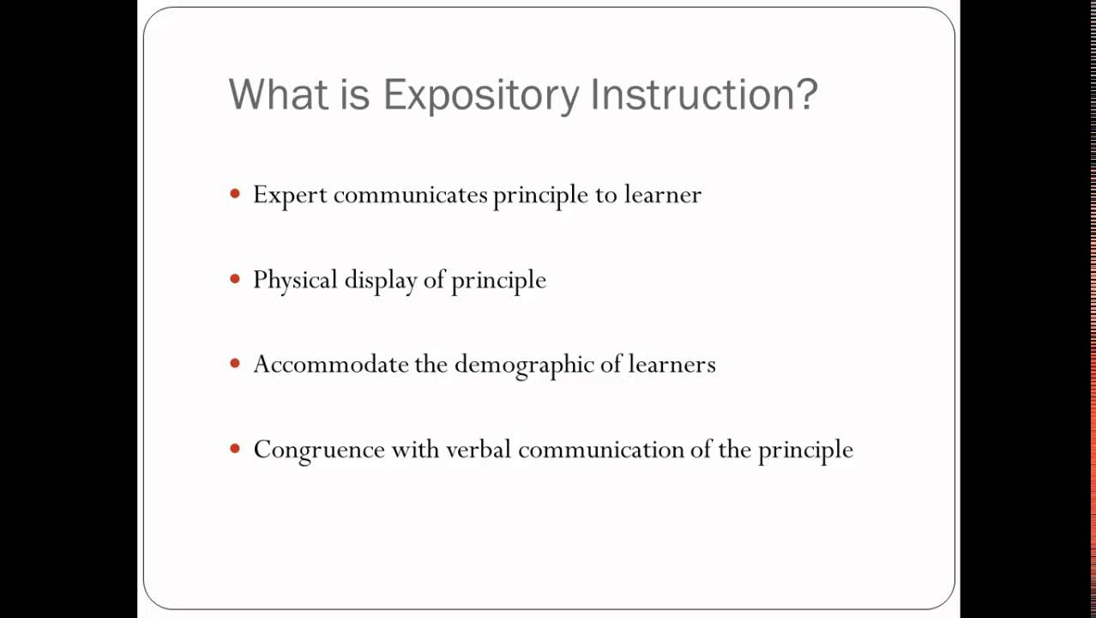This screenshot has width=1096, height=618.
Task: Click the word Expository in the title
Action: coord(481,94)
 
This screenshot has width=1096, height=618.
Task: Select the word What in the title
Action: coord(273,94)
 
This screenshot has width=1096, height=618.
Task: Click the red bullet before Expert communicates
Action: coord(236,194)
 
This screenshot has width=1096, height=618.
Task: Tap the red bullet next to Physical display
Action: coord(236,279)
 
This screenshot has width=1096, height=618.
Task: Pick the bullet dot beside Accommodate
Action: coord(236,364)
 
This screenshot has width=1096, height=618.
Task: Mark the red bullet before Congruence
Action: coord(236,449)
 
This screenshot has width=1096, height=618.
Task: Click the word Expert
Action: coord(290,195)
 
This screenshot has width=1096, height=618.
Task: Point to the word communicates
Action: coord(410,195)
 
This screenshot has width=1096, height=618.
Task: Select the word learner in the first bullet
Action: coord(662,195)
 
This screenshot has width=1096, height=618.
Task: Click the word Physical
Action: coord(295,280)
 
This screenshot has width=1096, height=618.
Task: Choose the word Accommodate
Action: coord(330,364)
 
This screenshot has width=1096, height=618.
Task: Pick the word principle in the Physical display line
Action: coord(498,281)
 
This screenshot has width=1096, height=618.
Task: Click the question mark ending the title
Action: coord(807,94)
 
